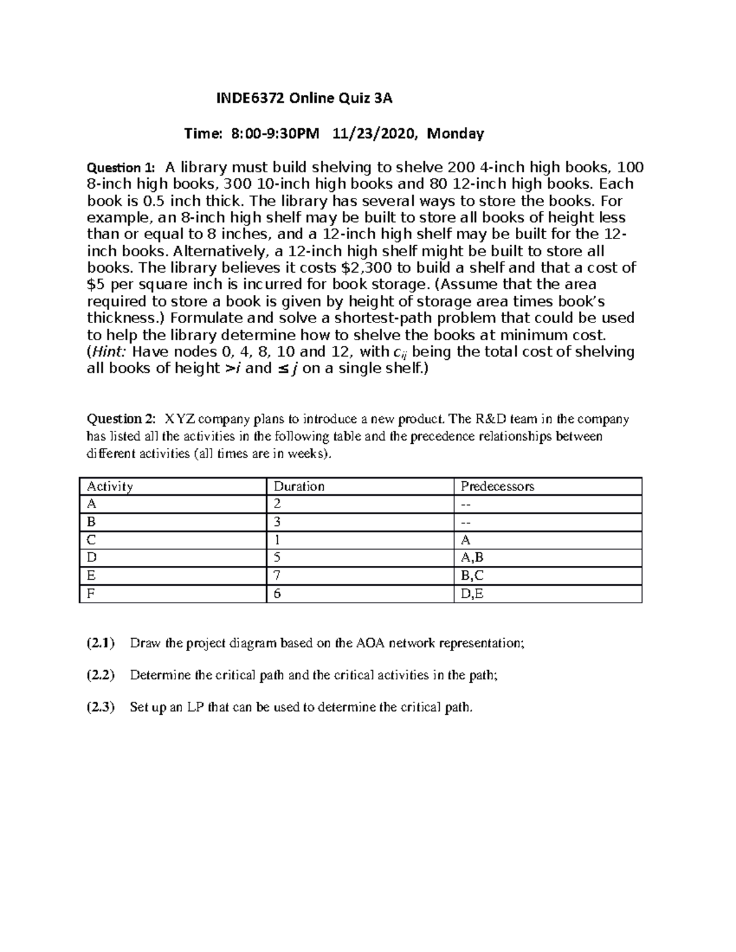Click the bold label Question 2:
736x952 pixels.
coord(121,419)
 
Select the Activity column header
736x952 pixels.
coord(110,487)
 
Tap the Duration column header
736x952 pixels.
coord(299,487)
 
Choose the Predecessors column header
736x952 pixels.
coord(497,487)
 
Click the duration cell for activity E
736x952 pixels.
coord(277,576)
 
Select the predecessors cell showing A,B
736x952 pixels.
coord(472,558)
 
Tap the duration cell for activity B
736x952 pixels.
coord(277,522)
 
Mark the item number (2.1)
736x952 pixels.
coord(100,643)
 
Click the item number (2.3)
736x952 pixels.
coord(100,707)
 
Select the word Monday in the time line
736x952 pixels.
coord(455,134)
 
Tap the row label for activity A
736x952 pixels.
coord(91,505)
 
